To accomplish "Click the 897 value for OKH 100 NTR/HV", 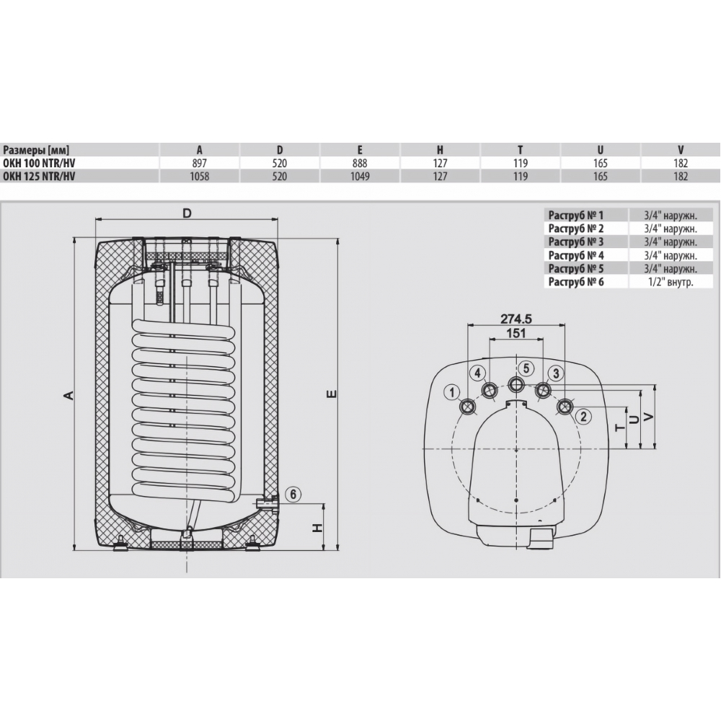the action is point(199,163).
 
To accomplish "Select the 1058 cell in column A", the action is point(199,177).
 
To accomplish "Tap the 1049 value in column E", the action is point(360,177).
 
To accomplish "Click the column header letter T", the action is point(520,150).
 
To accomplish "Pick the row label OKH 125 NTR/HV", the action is point(39,177).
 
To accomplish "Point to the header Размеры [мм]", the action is point(36,150).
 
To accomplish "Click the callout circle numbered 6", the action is point(293,495).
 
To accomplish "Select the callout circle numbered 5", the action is point(526,368).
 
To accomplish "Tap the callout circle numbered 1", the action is point(453,393).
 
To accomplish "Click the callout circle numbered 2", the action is point(583,417).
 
